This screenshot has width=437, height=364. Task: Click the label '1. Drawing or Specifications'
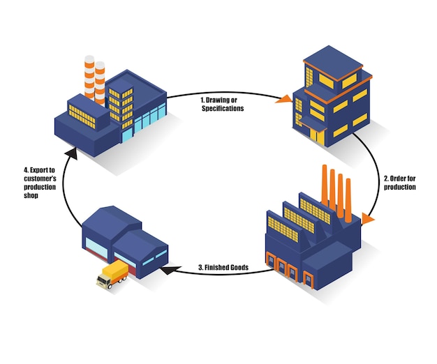(223, 104)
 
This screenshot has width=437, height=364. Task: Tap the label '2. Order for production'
(400, 183)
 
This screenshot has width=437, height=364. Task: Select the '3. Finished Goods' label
(223, 267)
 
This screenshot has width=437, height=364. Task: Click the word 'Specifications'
(223, 108)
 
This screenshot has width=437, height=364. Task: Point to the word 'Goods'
(236, 267)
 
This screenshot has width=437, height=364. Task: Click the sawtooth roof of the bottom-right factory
(300, 216)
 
